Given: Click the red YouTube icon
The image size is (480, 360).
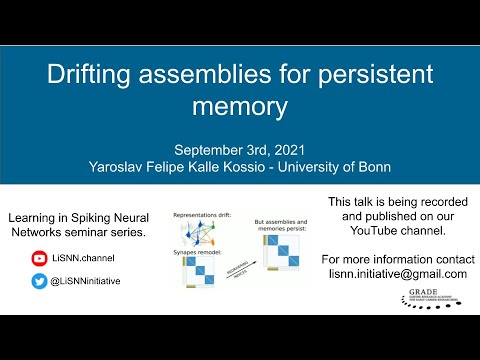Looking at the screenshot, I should point(39,257).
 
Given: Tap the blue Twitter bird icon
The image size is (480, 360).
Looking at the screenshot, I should point(39,282).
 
